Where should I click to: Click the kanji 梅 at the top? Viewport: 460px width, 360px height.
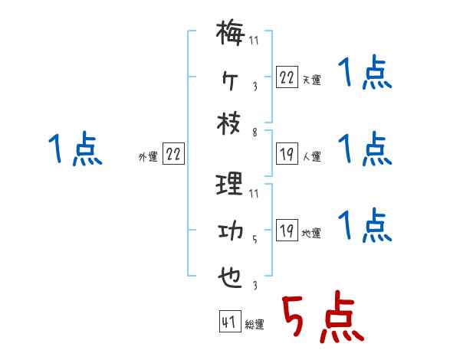[230, 34]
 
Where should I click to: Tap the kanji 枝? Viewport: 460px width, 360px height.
[230, 126]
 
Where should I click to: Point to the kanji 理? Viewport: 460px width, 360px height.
[230, 185]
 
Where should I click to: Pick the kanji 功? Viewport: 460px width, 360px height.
[230, 231]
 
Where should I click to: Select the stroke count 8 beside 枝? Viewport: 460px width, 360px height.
[255, 133]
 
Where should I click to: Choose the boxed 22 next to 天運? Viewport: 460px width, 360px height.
[287, 77]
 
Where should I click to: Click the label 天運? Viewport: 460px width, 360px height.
[311, 80]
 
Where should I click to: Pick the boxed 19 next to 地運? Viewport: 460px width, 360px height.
[287, 231]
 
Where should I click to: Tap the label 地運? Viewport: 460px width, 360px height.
[311, 233]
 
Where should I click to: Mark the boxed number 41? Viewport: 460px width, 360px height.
[228, 322]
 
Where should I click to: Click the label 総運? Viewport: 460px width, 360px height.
[254, 324]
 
